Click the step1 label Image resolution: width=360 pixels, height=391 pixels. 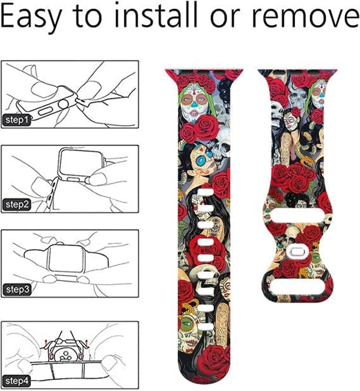[17, 120]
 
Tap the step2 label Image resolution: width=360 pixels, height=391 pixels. [17, 205]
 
